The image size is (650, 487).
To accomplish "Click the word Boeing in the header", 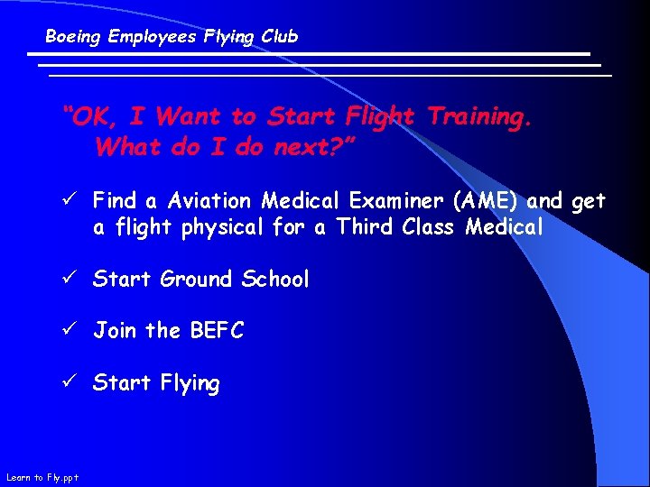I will [x=73, y=37].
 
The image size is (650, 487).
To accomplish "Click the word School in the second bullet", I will [x=275, y=280].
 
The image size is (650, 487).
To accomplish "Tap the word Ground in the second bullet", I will [x=198, y=280].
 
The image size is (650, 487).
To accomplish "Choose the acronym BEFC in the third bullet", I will [x=217, y=331].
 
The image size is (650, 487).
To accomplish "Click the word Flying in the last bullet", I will [x=190, y=383].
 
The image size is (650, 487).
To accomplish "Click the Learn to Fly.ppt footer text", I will [x=42, y=477].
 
